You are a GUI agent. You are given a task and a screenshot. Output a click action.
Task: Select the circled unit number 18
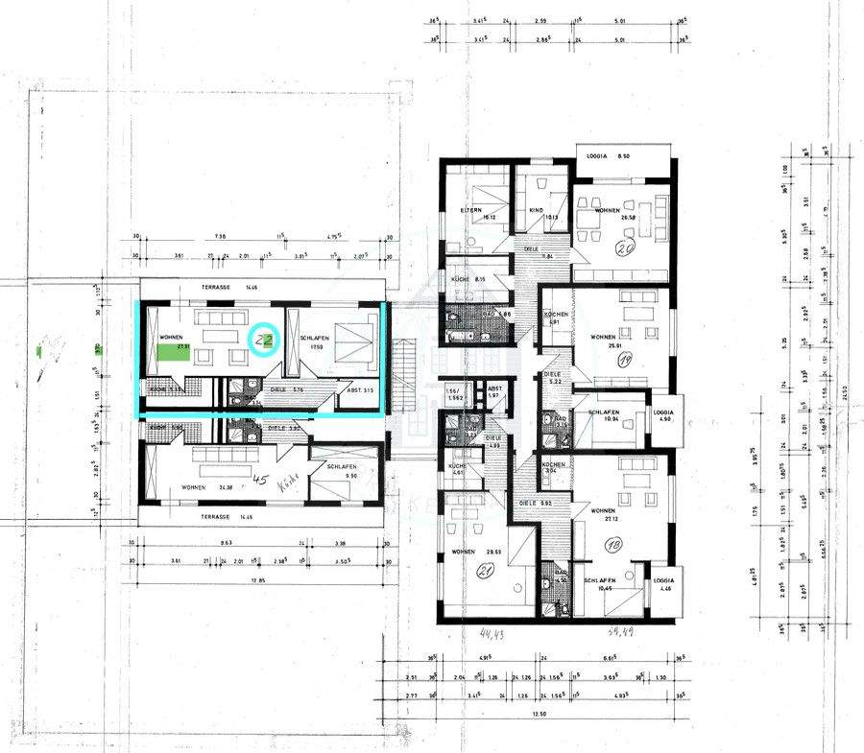(x=613, y=545)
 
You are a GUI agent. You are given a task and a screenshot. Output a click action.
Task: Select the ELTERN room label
(x=469, y=211)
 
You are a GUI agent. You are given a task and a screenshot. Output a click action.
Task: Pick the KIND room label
(x=536, y=211)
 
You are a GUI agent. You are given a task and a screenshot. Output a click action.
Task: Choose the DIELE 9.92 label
(x=531, y=502)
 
